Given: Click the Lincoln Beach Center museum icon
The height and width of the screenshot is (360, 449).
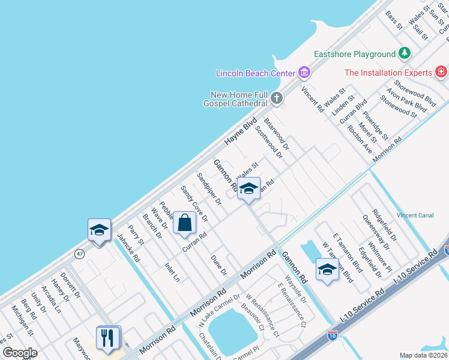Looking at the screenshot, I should tap(304, 73).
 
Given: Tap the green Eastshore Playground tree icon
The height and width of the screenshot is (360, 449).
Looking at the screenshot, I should tap(405, 54).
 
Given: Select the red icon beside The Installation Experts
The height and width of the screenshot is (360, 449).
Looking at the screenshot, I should tap(441, 73).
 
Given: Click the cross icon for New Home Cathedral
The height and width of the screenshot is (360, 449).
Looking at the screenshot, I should tap(277, 97).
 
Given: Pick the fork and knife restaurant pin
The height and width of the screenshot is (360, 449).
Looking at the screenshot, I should tap(109, 337).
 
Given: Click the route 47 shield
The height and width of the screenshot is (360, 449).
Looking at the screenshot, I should tap(79, 254).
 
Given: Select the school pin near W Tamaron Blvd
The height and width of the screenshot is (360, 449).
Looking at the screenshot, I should tap(327, 270).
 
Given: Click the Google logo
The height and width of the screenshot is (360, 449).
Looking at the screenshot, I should tap(20, 353).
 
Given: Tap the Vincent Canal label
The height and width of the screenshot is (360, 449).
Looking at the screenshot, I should tap(415, 215).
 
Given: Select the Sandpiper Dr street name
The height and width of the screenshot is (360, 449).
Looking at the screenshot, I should tap(209, 188).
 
